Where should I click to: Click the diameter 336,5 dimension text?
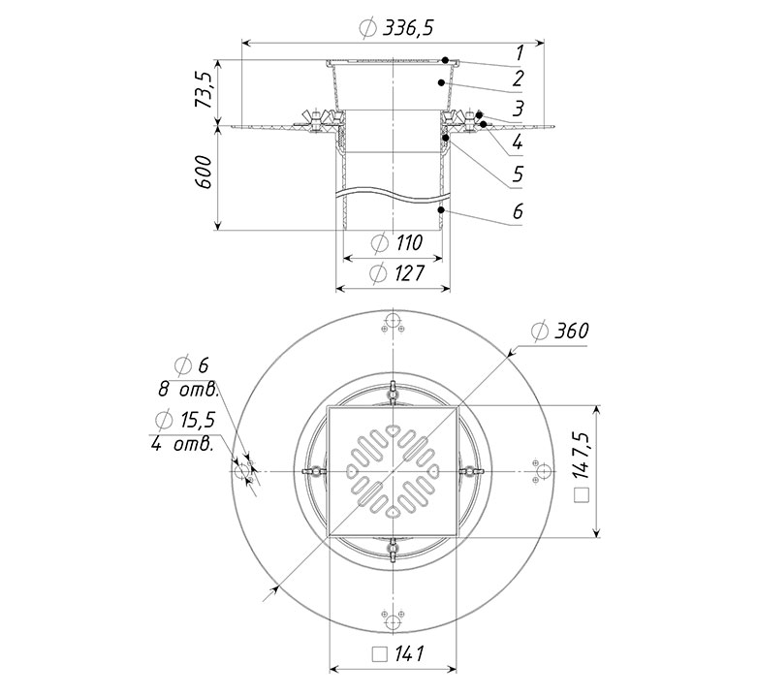pyautogui.click(x=396, y=28)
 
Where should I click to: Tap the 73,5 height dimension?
pyautogui.click(x=204, y=90)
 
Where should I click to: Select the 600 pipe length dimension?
pyautogui.click(x=204, y=172)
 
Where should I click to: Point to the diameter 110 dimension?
pyautogui.click(x=397, y=242)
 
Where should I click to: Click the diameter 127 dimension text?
pyautogui.click(x=396, y=273)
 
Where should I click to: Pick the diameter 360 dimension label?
pyautogui.click(x=560, y=332)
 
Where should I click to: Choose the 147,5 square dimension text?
pyautogui.click(x=583, y=467)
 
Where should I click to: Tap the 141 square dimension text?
pyautogui.click(x=398, y=654)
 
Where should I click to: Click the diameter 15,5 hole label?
pyautogui.click(x=185, y=421)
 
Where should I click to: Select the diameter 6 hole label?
pyautogui.click(x=192, y=365)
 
